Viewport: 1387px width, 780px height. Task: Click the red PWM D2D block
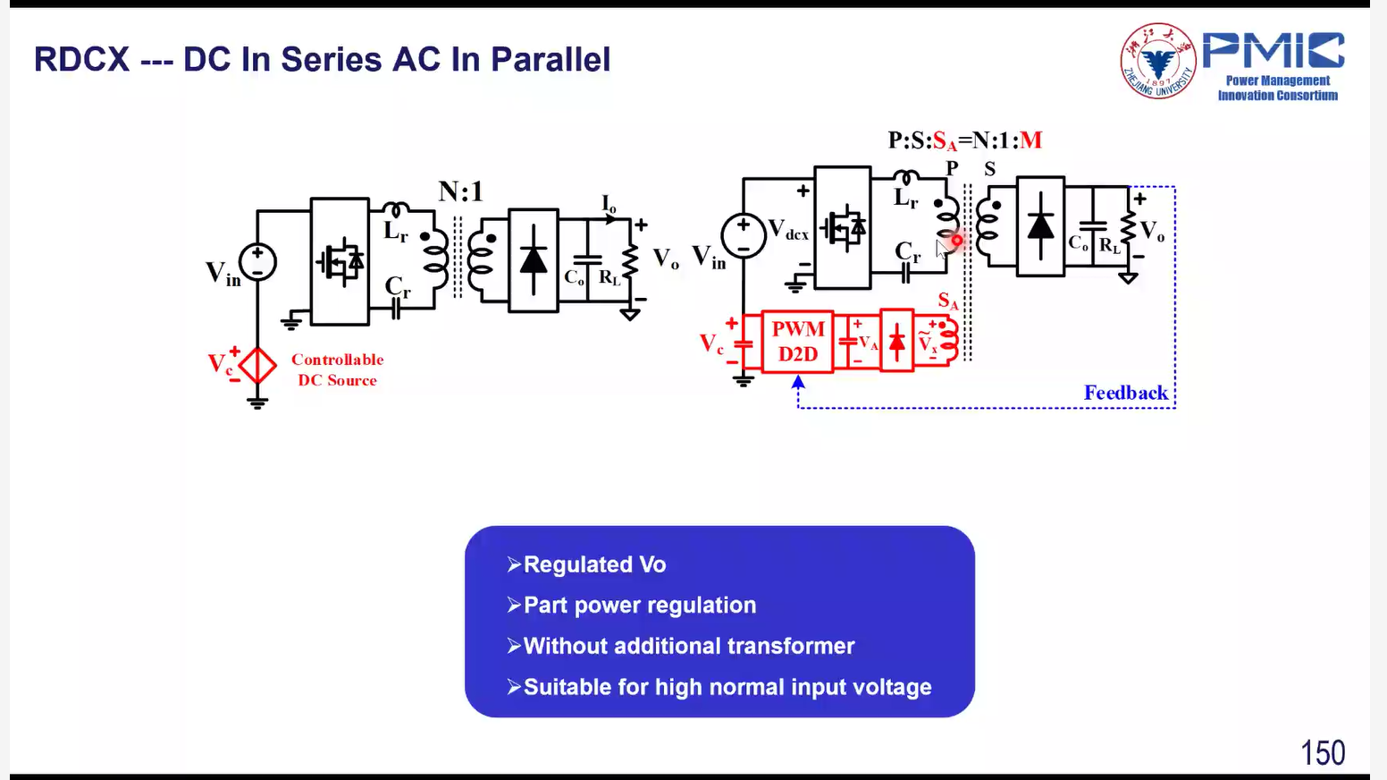point(797,342)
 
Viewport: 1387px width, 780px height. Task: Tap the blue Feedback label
point(1126,393)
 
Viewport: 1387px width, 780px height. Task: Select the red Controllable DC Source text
point(338,369)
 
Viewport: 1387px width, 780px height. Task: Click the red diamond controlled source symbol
point(257,366)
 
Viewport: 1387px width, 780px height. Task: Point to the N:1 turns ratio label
point(460,191)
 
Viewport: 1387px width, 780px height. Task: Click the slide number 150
point(1323,753)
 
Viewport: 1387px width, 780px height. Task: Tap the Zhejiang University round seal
point(1158,61)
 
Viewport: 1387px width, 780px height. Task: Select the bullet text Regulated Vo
point(594,564)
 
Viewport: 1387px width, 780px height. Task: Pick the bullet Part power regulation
point(640,606)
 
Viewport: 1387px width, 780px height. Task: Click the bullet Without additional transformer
point(688,646)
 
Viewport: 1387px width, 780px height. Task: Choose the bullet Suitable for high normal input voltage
point(727,687)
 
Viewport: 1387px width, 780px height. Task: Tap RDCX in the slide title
point(81,59)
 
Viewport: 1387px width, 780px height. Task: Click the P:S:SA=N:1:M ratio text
point(964,140)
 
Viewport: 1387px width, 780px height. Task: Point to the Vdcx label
point(788,230)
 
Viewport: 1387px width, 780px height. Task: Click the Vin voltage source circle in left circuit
point(257,261)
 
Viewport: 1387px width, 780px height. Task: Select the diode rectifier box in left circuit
point(534,260)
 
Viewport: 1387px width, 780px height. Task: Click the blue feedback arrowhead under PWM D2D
point(798,382)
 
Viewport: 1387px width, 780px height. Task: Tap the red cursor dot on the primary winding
point(956,241)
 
